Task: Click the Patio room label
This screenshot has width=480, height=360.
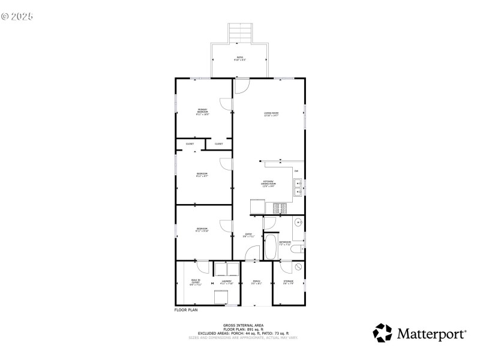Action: (240, 58)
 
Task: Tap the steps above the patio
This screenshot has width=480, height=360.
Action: (240, 32)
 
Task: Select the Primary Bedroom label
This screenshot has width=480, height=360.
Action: (203, 112)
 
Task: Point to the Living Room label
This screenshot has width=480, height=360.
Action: (271, 113)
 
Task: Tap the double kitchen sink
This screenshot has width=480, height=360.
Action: (298, 188)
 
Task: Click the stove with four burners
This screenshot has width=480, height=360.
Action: (280, 208)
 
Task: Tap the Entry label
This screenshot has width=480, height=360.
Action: (248, 235)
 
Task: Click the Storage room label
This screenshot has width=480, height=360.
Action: (288, 282)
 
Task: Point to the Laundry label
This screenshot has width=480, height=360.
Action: (226, 282)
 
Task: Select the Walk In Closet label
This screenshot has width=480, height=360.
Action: (196, 283)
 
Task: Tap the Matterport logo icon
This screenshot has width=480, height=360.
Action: (383, 333)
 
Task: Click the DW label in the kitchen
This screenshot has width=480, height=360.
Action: (296, 172)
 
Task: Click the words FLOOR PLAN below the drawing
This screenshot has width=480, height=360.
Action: (186, 310)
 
